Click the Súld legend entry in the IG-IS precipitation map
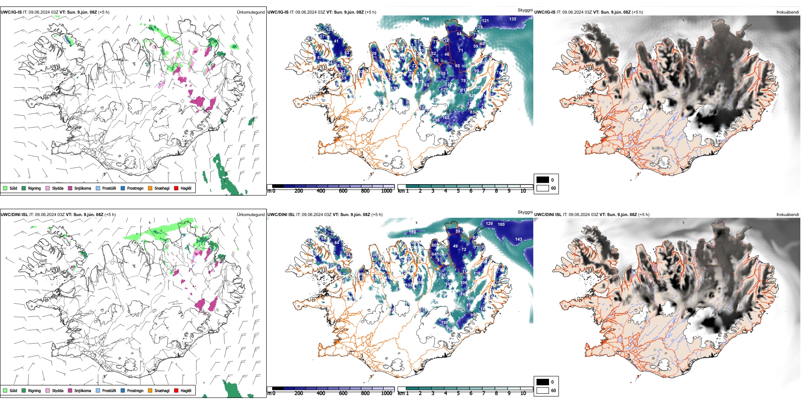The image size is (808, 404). (10, 188)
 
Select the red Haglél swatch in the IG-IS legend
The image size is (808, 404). (176, 188)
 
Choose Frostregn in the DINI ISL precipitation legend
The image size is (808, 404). (132, 390)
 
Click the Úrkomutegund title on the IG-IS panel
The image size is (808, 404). (250, 12)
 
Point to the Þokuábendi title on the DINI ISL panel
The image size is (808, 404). (788, 215)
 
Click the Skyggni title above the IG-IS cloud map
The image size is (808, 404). (525, 10)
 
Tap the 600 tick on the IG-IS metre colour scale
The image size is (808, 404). (343, 191)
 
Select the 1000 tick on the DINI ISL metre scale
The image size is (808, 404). (387, 393)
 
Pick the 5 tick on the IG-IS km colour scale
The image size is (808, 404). (458, 191)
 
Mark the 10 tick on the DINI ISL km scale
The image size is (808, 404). (523, 393)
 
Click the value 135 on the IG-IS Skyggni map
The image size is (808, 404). (513, 19)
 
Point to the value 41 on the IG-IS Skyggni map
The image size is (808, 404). (336, 41)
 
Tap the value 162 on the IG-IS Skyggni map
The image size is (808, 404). (446, 118)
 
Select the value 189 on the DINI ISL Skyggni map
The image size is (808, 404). (412, 232)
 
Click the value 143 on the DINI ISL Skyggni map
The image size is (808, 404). (518, 239)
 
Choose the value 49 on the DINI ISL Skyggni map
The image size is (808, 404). (455, 246)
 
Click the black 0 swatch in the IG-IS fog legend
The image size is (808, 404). (543, 180)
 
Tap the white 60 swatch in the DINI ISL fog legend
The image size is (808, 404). (543, 390)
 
